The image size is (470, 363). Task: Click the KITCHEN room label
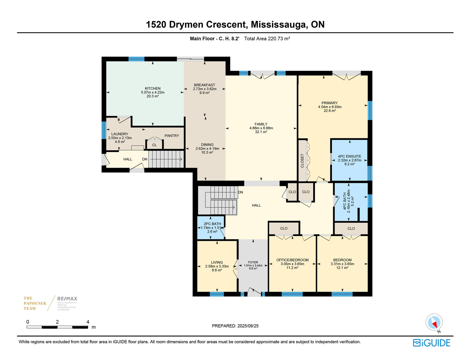(152, 88)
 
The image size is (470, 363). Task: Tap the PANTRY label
(172, 136)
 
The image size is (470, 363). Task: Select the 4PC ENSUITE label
(349, 156)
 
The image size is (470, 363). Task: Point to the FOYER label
(253, 262)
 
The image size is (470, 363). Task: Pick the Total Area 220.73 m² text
(267, 38)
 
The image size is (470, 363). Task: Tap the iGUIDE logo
(431, 343)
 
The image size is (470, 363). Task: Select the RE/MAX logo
(67, 299)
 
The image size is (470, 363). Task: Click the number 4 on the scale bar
(88, 322)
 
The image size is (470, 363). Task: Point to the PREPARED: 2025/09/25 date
(235, 326)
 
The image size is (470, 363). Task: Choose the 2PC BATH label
(212, 224)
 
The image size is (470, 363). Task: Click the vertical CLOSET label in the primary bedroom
(302, 161)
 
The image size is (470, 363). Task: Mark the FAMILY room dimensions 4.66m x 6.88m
(261, 128)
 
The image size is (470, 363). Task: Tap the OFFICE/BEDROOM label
(292, 260)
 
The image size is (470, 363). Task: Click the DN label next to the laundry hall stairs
(145, 159)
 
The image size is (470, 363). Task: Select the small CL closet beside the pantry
(155, 144)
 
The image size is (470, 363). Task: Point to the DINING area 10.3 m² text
(207, 152)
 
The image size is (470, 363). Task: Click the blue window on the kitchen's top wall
(136, 59)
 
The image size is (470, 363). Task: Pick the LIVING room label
(217, 262)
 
